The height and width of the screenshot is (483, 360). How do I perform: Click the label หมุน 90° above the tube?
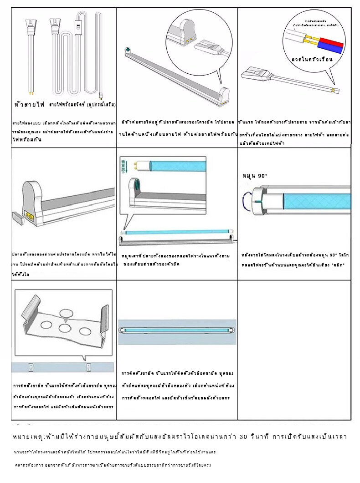pos(255,176)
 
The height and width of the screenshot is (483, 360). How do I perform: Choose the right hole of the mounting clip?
pos(85,330)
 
